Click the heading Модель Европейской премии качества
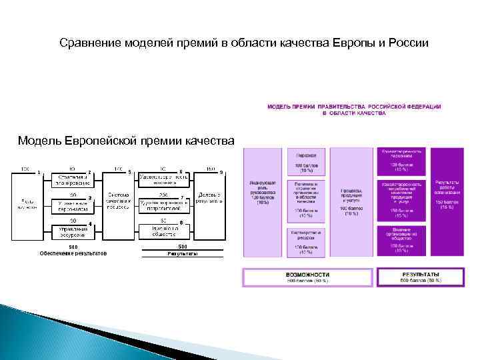coord(126,141)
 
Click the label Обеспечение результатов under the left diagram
coord(73,253)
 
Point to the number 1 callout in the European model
coord(39,173)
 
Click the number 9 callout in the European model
coord(221,173)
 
